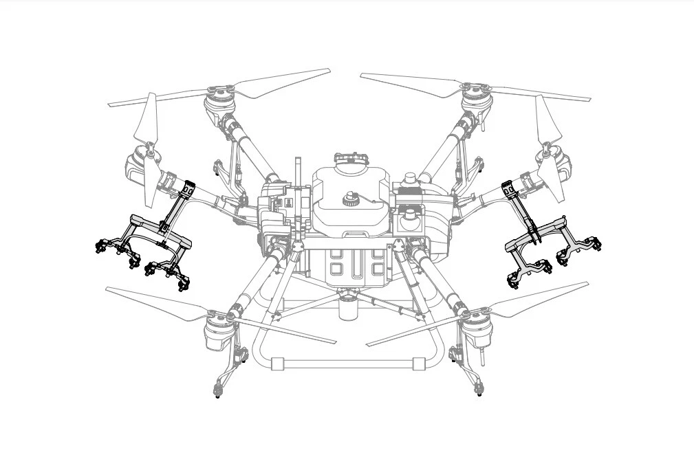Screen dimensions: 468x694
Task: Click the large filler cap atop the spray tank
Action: tap(350, 159)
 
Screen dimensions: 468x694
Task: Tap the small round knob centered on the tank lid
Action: tap(349, 199)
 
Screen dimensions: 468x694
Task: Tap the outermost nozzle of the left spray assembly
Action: tap(100, 247)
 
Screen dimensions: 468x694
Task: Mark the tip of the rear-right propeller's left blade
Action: tap(363, 76)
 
